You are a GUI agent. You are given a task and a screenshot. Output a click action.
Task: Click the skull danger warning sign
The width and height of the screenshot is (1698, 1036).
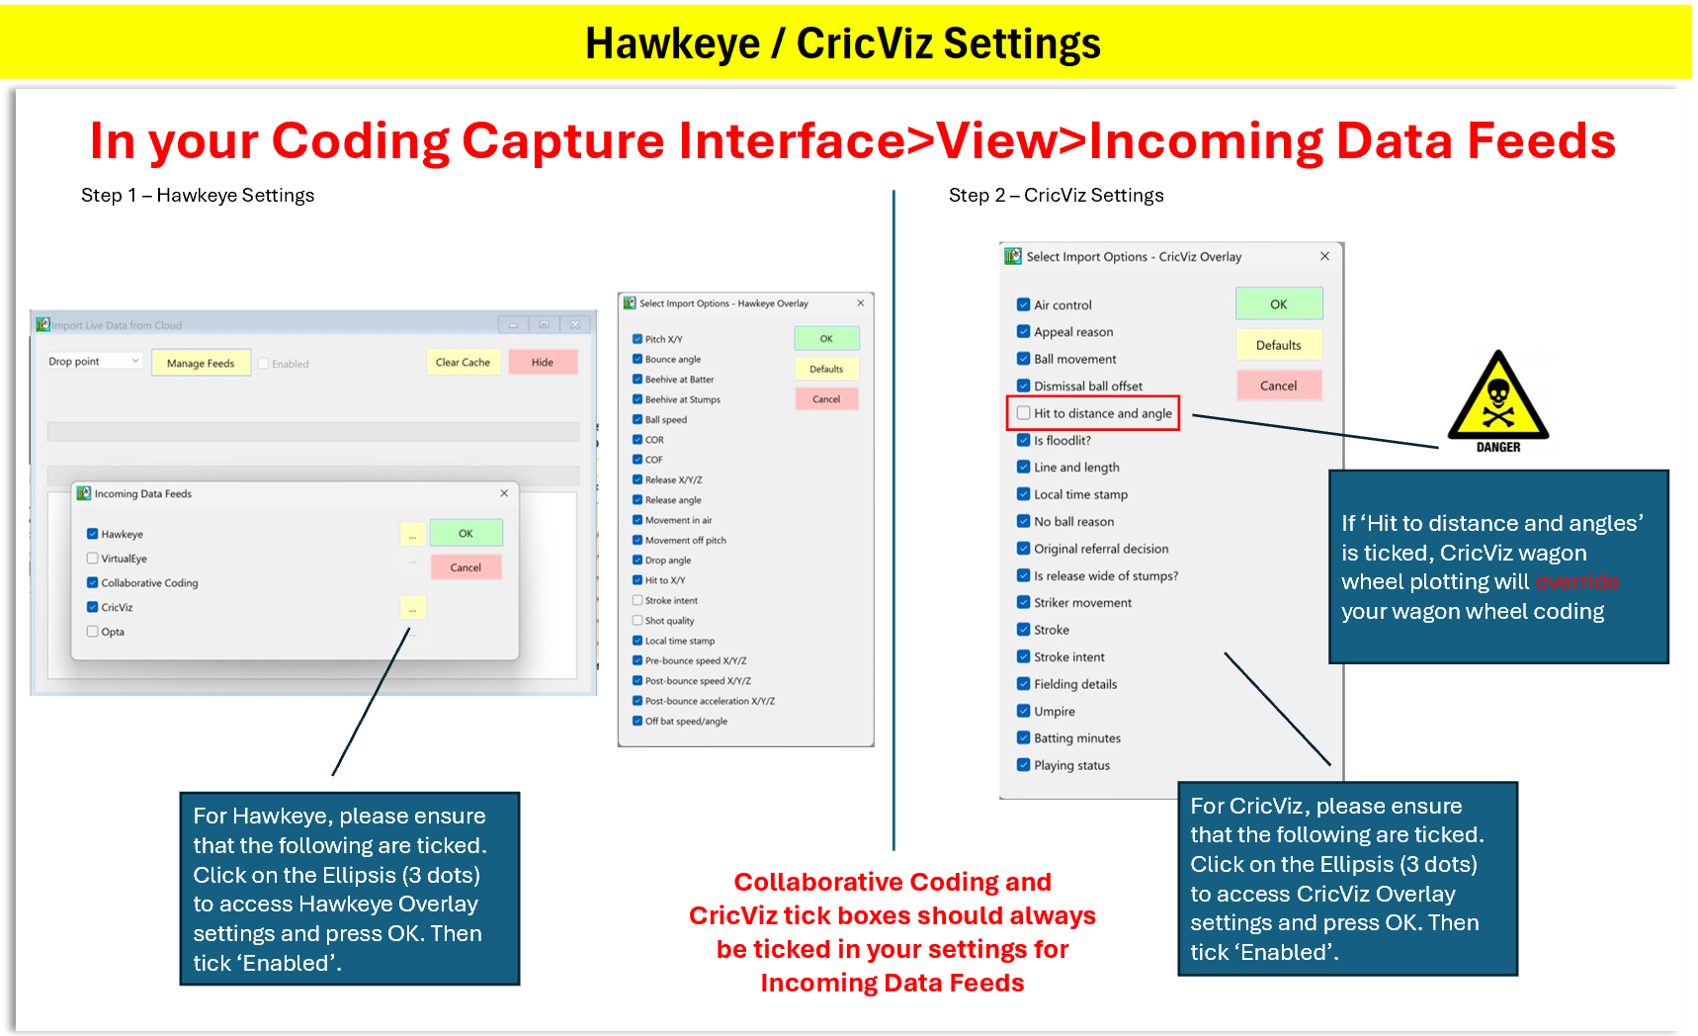[1498, 401]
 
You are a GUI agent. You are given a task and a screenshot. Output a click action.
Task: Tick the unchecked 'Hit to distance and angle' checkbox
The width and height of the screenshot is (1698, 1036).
[1024, 413]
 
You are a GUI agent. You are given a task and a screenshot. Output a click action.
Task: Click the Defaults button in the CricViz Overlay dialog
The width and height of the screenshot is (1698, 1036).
[1278, 345]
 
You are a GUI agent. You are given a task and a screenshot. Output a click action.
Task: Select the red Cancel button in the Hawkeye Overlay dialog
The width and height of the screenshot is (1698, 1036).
[826, 399]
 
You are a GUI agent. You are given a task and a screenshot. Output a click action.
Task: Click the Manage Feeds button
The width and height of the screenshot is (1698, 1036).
[201, 363]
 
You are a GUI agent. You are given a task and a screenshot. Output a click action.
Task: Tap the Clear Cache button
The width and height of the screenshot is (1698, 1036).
[463, 362]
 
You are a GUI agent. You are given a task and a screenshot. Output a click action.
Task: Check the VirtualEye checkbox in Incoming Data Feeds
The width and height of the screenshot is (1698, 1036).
[93, 559]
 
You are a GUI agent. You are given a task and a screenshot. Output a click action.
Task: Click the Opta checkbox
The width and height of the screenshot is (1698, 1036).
[93, 632]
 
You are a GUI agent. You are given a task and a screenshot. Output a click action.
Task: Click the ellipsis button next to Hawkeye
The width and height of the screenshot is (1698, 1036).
[412, 534]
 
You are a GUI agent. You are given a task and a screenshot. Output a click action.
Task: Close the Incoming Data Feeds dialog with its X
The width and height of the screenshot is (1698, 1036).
[504, 493]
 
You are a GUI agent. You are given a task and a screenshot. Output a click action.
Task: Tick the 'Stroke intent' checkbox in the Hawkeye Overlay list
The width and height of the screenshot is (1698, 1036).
[637, 600]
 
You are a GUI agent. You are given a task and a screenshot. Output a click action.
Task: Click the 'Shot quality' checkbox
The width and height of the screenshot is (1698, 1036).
[637, 621]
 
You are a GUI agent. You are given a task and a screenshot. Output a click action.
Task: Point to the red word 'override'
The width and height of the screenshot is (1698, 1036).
[1577, 581]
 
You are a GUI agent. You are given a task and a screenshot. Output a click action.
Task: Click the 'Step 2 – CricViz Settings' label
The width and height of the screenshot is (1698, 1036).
[1056, 195]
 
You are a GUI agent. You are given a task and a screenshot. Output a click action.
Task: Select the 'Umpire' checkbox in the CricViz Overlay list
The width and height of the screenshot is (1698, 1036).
[1024, 711]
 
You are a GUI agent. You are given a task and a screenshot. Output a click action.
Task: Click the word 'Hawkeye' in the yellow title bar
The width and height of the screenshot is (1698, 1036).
[672, 43]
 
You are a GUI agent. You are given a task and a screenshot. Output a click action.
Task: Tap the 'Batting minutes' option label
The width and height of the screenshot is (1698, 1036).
[1077, 738]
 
